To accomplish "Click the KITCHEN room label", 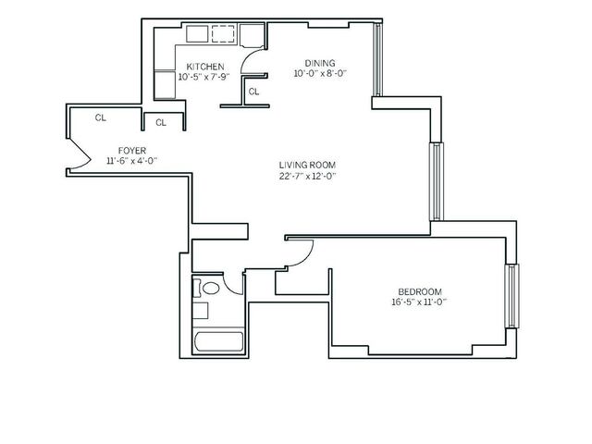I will tap(204, 67).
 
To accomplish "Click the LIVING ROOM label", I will tap(307, 166).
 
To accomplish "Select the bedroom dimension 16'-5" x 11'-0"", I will tap(419, 301).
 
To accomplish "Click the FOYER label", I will tap(130, 150).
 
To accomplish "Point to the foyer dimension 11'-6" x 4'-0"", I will tap(130, 160).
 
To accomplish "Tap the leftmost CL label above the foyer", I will tap(100, 117).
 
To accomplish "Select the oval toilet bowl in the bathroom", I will tap(211, 289).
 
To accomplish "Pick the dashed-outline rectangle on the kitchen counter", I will tap(224, 35).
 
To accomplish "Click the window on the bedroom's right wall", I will tap(512, 295).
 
